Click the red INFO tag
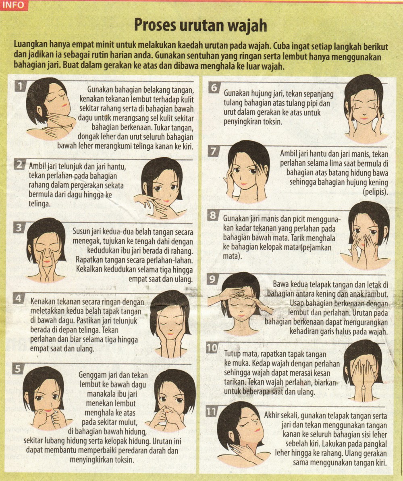[x=14, y=5]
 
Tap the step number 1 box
[x=21, y=86]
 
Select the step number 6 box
[x=214, y=88]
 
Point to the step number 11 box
[x=211, y=411]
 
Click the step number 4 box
[x=19, y=298]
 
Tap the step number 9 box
[x=212, y=279]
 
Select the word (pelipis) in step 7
[x=375, y=192]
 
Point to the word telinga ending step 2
[x=39, y=203]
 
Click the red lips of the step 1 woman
[x=64, y=105]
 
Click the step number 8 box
[x=212, y=215]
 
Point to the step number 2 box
[x=19, y=165]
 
